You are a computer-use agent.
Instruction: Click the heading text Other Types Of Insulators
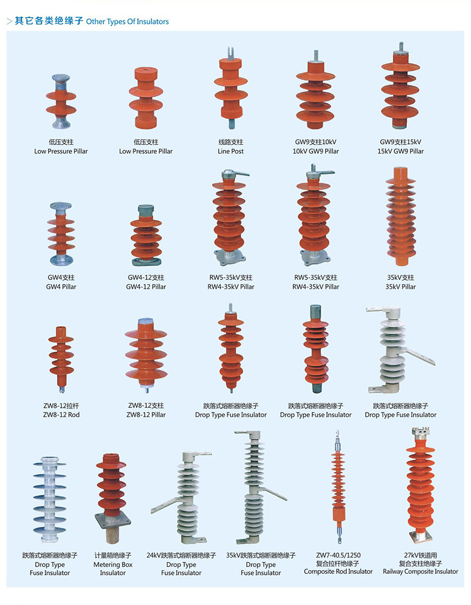(x=127, y=22)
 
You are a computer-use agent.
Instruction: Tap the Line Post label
(x=230, y=151)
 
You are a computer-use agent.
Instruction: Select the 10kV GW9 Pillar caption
(x=316, y=151)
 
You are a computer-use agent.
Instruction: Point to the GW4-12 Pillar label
(x=146, y=287)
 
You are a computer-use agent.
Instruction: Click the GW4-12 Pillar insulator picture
(x=146, y=236)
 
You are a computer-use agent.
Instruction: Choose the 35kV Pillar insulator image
(x=401, y=218)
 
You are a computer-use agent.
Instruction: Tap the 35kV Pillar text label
(x=401, y=287)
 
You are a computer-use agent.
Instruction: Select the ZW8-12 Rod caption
(x=61, y=415)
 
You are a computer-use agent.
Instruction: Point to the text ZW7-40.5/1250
(x=338, y=555)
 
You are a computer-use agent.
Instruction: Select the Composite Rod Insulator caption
(x=338, y=572)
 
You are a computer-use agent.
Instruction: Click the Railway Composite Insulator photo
(x=420, y=486)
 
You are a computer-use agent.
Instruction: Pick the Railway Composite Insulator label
(x=420, y=572)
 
